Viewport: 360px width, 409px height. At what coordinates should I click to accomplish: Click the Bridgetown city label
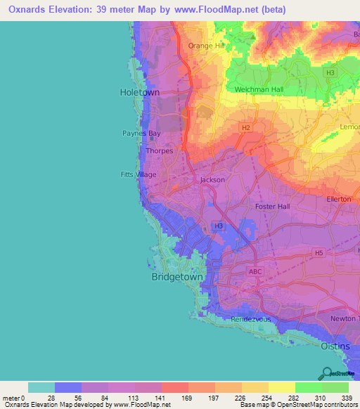coord(177,278)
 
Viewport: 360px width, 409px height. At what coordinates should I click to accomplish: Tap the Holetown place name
coord(139,93)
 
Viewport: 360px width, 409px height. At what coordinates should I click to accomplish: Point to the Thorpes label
coord(159,150)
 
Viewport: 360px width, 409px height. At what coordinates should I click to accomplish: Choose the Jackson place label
coord(212,180)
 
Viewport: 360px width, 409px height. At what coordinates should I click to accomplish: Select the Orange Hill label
coord(204,46)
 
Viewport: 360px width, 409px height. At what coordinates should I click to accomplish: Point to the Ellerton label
coord(339,200)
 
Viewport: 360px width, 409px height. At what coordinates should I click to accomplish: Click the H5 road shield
coord(319,252)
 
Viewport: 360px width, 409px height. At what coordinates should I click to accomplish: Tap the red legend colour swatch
coord(174,387)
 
